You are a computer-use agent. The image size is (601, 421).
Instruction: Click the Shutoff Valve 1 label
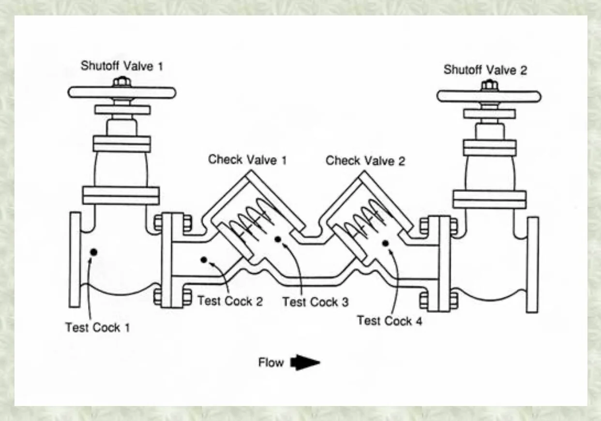coord(121,66)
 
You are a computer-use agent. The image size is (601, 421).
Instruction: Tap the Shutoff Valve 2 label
coord(485,70)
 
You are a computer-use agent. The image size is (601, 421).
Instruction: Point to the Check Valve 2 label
coord(365,160)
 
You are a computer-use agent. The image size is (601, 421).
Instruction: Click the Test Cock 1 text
coord(98,327)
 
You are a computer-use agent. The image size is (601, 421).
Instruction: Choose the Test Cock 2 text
coord(230,301)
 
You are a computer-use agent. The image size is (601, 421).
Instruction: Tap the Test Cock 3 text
coord(315,302)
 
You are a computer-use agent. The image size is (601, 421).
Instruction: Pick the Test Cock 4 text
coord(390,320)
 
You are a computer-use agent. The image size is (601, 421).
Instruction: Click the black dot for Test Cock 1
coord(93,252)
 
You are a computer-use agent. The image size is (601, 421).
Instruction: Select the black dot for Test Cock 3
coord(278,239)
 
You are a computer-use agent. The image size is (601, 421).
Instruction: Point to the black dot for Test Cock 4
coord(386,243)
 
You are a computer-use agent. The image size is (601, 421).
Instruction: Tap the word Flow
coord(271,363)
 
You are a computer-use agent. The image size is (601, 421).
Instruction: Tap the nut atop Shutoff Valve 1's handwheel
coord(120,82)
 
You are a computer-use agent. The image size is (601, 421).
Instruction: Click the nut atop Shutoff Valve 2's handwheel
coord(488,86)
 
